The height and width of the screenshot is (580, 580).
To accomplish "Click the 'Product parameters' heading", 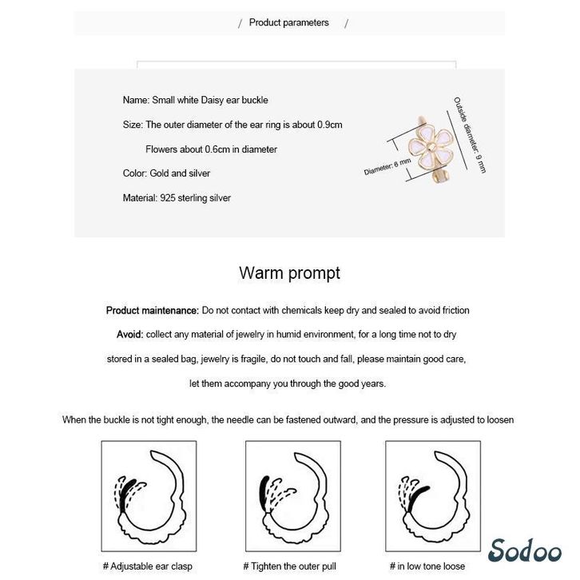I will [288, 23].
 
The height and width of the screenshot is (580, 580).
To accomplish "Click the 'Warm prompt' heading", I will [289, 273].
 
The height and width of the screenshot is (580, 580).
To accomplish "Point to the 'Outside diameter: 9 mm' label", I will [469, 135].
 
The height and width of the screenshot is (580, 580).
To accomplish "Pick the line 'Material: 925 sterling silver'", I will [177, 198].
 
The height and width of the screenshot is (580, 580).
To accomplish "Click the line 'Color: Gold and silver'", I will [166, 173].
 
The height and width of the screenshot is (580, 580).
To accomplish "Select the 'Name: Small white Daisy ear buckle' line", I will [195, 101].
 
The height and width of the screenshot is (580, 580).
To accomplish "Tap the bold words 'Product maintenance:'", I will [152, 310].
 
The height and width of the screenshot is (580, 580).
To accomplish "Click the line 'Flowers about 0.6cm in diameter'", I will [211, 149].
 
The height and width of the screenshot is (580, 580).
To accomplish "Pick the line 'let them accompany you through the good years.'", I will [288, 383].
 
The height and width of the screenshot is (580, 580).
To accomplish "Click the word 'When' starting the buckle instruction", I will [73, 420].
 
